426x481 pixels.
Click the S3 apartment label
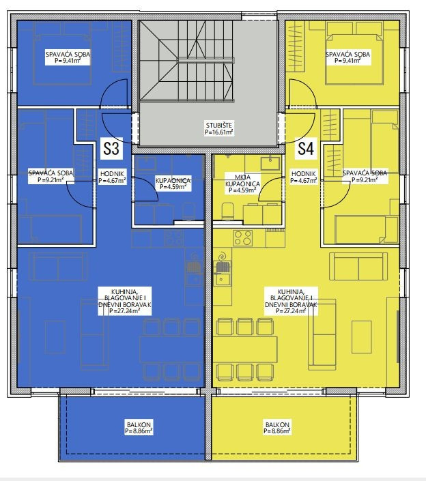[x=111, y=149]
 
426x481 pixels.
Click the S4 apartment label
[x=306, y=149]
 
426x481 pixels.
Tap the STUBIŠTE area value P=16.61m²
[x=219, y=132]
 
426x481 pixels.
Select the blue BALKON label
[x=139, y=425]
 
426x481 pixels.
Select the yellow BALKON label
[x=277, y=425]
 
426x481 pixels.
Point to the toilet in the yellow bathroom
[x=227, y=211]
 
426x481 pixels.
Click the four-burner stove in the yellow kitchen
[x=243, y=238]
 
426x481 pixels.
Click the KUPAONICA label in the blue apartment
[x=173, y=180]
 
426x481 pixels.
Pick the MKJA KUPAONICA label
[x=242, y=180]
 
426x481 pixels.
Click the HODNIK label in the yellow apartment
[x=304, y=173]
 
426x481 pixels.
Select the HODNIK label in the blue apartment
[x=112, y=173]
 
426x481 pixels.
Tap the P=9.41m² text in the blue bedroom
[x=68, y=61]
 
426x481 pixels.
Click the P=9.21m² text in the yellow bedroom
[x=365, y=179]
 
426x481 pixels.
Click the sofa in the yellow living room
[x=358, y=265]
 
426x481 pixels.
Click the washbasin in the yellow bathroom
[x=270, y=163]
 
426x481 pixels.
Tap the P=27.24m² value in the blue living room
[x=125, y=311]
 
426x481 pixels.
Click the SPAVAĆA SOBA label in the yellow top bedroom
[x=347, y=55]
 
